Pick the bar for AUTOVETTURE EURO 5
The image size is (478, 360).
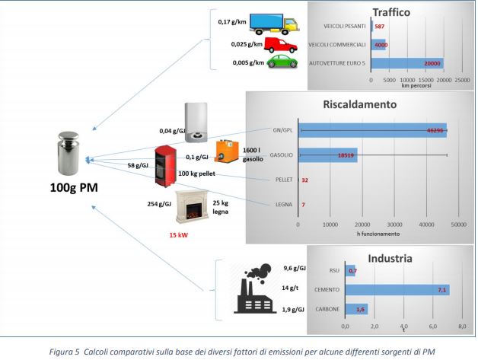(406, 63)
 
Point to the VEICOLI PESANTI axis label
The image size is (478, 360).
(344, 27)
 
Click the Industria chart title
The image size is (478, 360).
(390, 258)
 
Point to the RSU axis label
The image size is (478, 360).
(335, 270)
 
